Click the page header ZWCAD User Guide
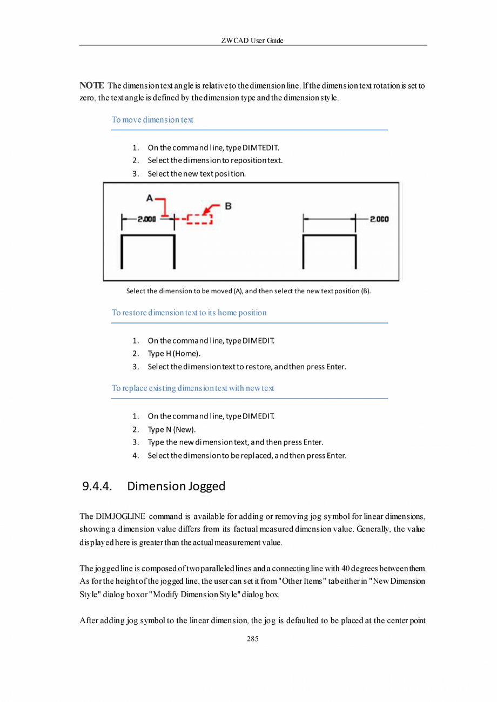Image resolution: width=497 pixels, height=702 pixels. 252,40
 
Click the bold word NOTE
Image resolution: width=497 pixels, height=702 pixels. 91,86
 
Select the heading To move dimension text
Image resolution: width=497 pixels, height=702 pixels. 152,119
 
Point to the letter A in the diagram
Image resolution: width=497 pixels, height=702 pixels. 149,198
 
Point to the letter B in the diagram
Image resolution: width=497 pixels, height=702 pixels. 228,206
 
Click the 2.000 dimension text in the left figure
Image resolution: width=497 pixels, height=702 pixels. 146,219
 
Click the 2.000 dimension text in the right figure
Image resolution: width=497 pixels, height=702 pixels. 380,219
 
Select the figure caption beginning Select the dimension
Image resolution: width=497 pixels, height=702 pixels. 249,291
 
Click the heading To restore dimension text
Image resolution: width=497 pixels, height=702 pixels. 189,313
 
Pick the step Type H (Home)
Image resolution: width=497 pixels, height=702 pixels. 174,354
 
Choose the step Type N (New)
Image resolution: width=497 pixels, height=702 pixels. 172,429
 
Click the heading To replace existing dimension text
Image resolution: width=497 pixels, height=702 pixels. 193,388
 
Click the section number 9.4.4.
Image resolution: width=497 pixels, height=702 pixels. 97,486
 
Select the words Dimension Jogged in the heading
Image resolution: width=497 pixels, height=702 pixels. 176,486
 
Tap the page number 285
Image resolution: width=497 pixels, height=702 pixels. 252,639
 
